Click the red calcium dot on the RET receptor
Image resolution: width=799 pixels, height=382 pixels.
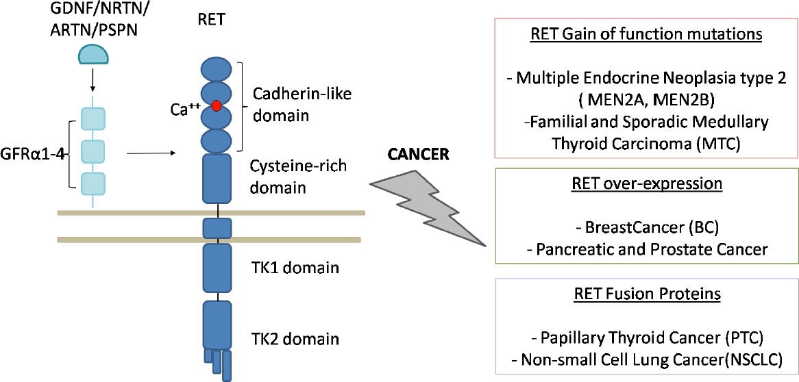217,105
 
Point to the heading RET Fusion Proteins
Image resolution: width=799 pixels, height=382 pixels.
646,294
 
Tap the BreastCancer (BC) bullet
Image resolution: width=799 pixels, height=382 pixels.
646,227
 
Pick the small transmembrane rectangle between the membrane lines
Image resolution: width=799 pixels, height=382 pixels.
217,227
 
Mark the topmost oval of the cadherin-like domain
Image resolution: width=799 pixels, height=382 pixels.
217,70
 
